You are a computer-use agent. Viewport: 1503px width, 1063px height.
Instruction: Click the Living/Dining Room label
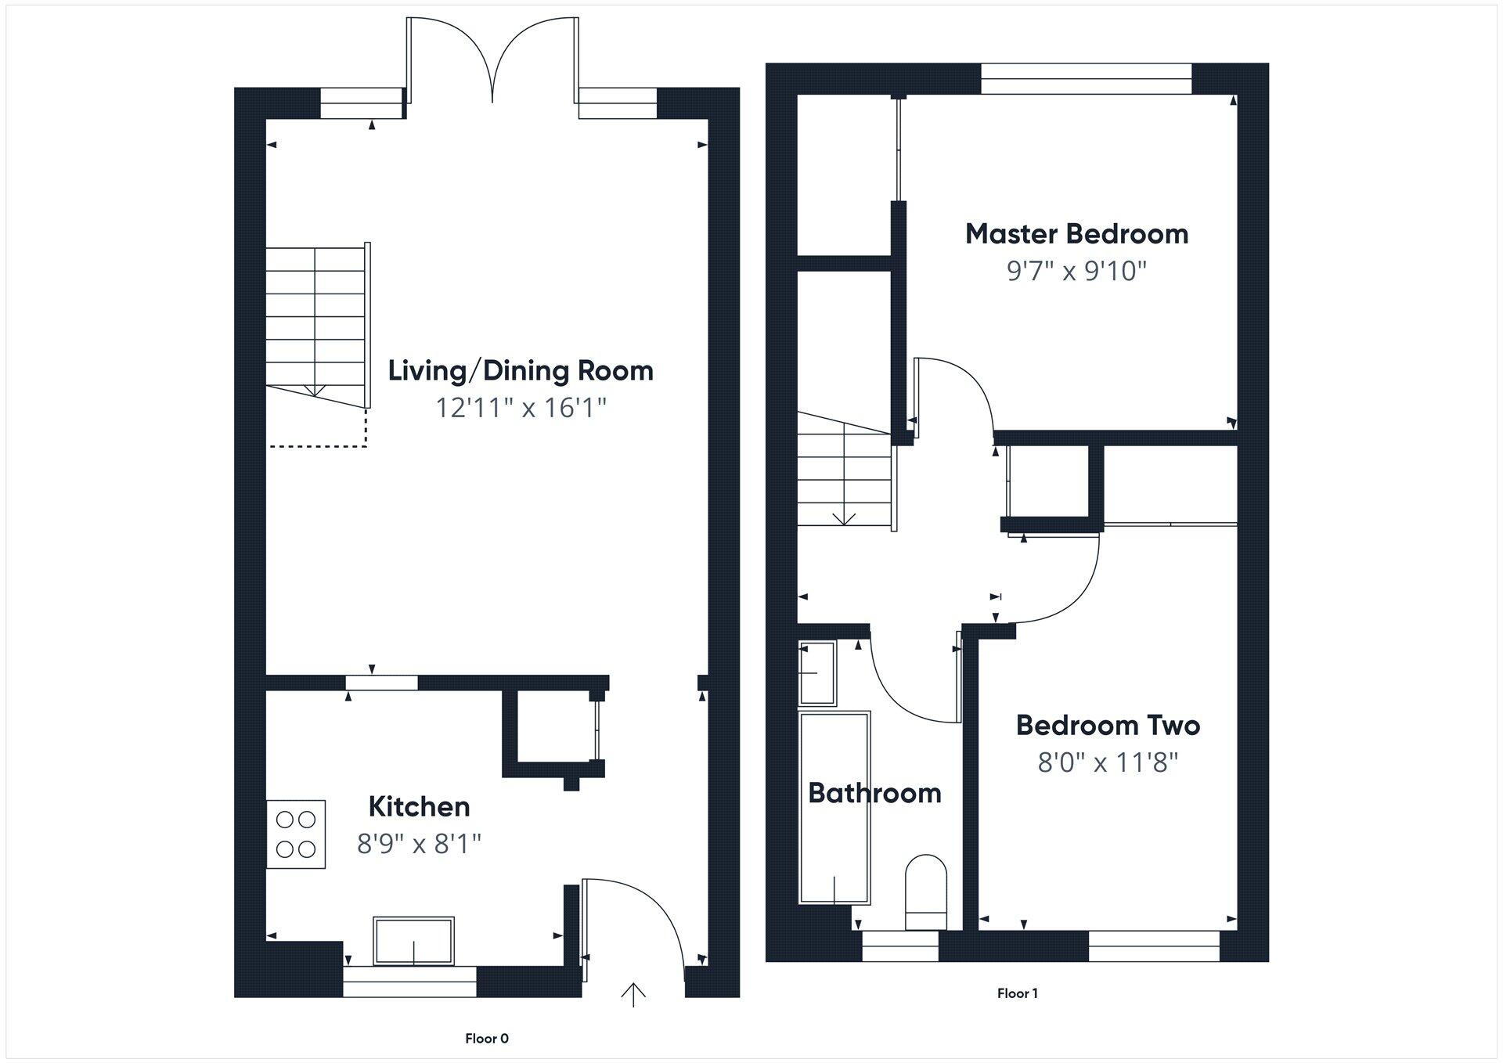pos(521,370)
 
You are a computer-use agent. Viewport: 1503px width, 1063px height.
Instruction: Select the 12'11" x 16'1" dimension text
pos(521,408)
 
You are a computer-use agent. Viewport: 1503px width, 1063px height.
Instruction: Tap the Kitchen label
pos(419,806)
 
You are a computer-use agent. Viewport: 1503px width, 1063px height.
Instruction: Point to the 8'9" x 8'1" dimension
pos(419,844)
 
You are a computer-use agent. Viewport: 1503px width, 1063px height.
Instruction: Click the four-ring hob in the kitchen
pos(296,834)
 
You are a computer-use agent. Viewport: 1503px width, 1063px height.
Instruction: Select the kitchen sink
pos(413,941)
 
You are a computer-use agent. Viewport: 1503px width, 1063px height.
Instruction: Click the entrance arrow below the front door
pos(633,995)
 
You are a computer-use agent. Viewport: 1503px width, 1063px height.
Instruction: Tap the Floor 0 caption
pos(486,1039)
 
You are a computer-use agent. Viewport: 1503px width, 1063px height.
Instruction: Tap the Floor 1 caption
pos(1017,993)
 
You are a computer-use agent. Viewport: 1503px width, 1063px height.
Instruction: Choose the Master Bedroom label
pos(1076,233)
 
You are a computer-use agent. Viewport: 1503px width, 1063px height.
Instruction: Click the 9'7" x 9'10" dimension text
pos(1076,271)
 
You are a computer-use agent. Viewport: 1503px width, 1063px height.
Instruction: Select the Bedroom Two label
pos(1108,725)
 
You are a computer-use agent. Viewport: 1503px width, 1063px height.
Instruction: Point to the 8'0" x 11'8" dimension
pos(1108,762)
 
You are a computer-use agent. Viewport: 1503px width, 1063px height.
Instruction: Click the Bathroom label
pos(874,793)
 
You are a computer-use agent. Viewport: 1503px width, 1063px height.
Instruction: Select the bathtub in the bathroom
pos(834,807)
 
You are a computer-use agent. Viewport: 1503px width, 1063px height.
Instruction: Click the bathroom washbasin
pos(817,672)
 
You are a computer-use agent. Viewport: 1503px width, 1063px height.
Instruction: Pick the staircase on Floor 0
pos(315,325)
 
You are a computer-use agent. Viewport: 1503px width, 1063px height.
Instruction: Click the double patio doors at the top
pos(492,63)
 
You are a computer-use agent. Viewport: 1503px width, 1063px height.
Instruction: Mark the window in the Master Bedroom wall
pos(1086,78)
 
